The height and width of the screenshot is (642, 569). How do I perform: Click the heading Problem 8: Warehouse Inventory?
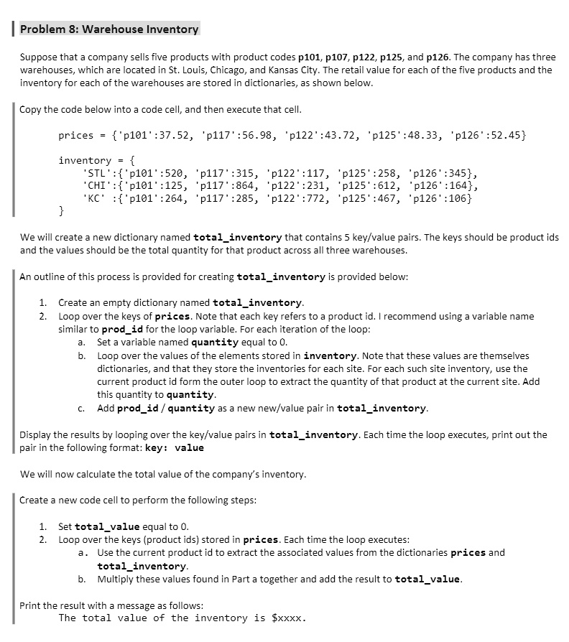pyautogui.click(x=109, y=29)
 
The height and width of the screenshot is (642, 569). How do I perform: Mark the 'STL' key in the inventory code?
pyautogui.click(x=98, y=173)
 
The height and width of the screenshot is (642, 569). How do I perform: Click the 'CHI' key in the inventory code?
pyautogui.click(x=98, y=186)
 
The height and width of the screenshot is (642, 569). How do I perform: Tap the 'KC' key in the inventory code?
pyautogui.click(x=95, y=199)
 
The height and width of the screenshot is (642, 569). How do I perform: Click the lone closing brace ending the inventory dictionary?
pyautogui.click(x=62, y=212)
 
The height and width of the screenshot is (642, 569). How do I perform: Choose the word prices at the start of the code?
pyautogui.click(x=76, y=135)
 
